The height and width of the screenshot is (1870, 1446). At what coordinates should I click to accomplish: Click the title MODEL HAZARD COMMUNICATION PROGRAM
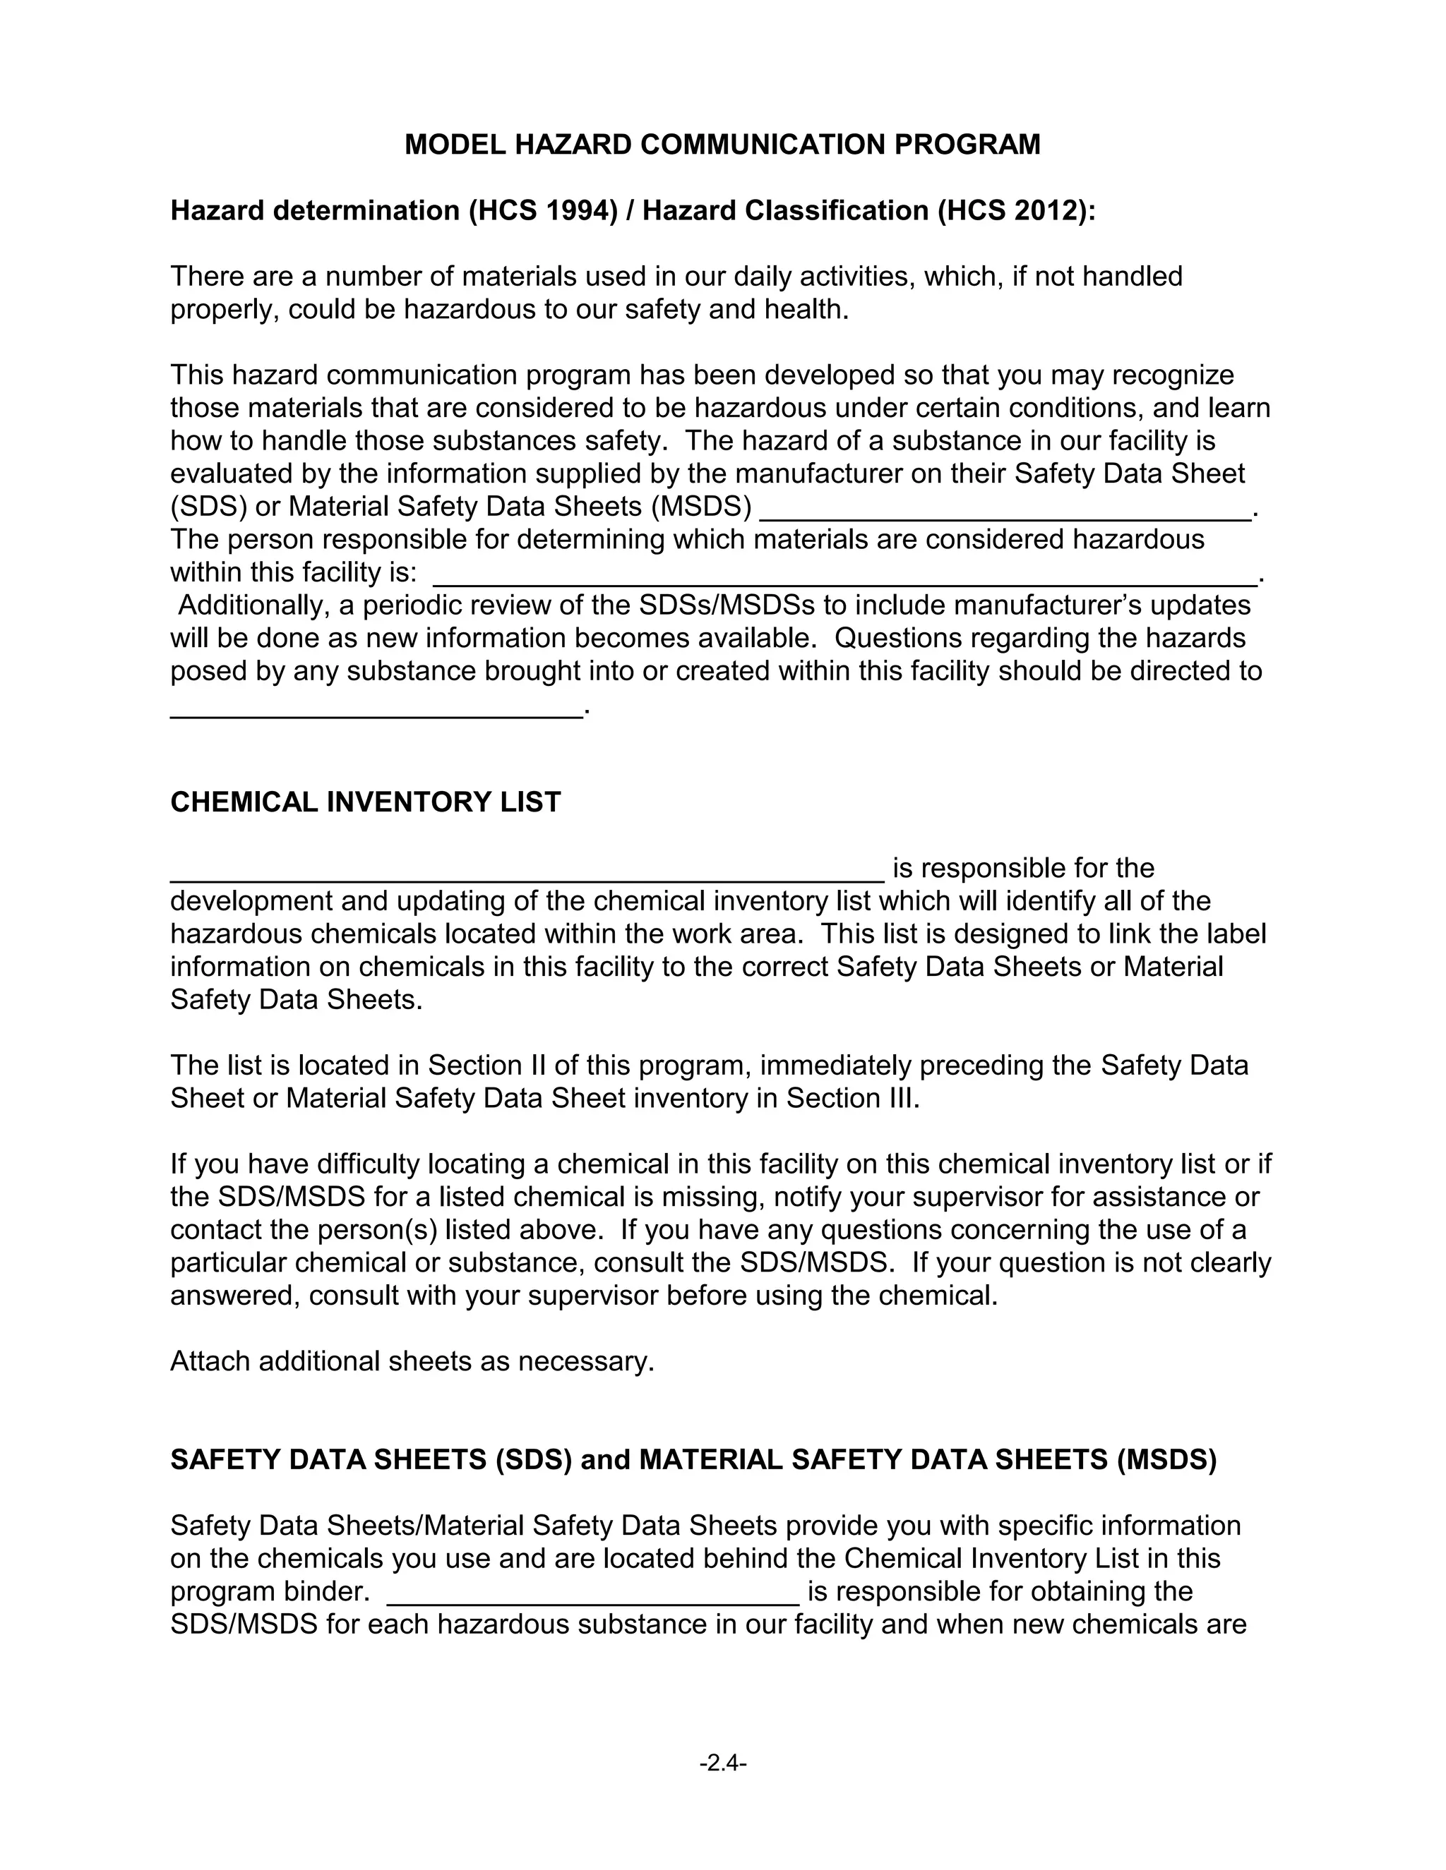click(x=722, y=145)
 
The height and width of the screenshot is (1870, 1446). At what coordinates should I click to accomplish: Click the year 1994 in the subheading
click(x=578, y=210)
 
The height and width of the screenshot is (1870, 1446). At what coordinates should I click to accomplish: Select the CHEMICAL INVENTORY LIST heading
click(x=365, y=802)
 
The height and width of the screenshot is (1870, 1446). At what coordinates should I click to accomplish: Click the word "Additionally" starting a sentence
click(x=253, y=606)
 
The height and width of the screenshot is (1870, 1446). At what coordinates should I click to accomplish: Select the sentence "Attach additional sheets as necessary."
click(x=412, y=1361)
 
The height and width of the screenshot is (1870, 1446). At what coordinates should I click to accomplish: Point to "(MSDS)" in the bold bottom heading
click(x=1166, y=1460)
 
